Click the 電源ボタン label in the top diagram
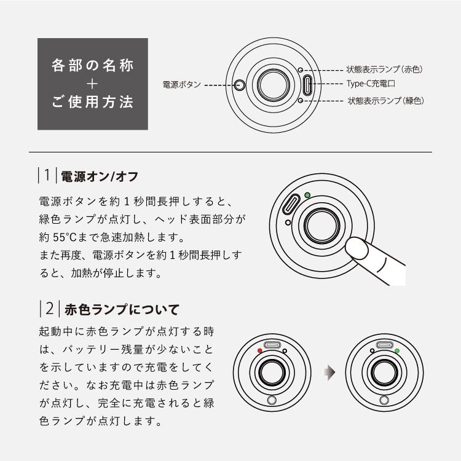tap(182, 85)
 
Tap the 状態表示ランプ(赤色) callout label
tap(385, 69)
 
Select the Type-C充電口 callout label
tap(371, 84)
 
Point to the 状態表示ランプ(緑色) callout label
tap(386, 101)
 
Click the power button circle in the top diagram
tap(240, 85)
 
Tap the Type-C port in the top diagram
tap(307, 85)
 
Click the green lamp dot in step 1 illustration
tap(307, 195)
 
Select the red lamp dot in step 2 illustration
tap(259, 350)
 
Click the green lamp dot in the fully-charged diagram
tap(397, 351)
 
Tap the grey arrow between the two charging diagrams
tap(329, 372)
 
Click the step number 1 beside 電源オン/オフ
tap(47, 175)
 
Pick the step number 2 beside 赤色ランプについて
tap(50, 309)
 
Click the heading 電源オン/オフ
tap(100, 176)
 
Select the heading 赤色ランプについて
tap(122, 310)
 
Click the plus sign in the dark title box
tap(92, 84)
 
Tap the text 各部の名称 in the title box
tap(92, 65)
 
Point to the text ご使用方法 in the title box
tap(92, 102)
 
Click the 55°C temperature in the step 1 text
tap(65, 237)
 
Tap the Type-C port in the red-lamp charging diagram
tap(272, 345)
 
